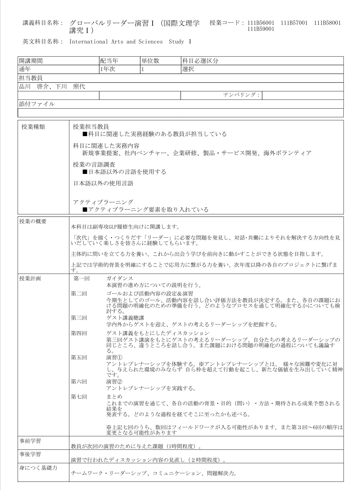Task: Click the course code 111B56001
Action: pyautogui.click(x=261, y=23)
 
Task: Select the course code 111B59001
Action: pyautogui.click(x=261, y=29)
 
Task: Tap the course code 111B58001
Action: pyautogui.click(x=327, y=23)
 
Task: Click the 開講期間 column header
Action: pyautogui.click(x=31, y=61)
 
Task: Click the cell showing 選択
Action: pyautogui.click(x=188, y=69)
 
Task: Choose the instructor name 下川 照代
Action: pyautogui.click(x=70, y=87)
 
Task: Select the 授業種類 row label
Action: pyautogui.click(x=33, y=127)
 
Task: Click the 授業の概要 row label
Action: pyautogui.click(x=33, y=221)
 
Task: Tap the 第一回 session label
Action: pyautogui.click(x=81, y=279)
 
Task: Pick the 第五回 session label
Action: pyautogui.click(x=79, y=358)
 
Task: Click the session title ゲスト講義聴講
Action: pyautogui.click(x=125, y=318)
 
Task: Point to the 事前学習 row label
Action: pyautogui.click(x=30, y=441)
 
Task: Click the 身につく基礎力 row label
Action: pyautogui.click(x=38, y=468)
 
